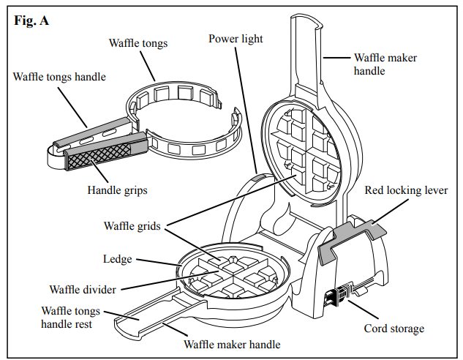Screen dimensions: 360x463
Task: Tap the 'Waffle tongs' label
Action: (x=138, y=43)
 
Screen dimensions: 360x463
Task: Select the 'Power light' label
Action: (x=235, y=39)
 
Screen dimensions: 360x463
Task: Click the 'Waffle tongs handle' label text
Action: (x=59, y=76)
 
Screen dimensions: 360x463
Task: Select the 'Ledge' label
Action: (x=117, y=258)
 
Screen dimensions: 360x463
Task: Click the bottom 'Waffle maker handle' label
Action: (x=231, y=343)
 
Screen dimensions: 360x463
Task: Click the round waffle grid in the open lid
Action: (x=303, y=147)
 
